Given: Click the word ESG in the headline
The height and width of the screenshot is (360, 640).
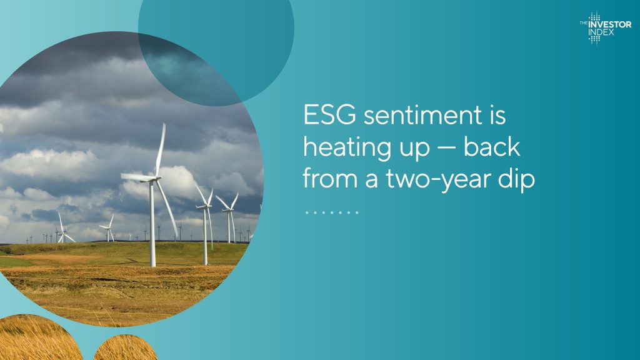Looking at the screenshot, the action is coord(329,115).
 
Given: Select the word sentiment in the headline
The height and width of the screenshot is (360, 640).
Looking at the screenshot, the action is coord(423,115).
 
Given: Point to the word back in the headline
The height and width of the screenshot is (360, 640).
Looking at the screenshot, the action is coord(492,147).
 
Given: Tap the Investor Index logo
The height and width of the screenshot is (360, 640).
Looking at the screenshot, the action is coord(605,27).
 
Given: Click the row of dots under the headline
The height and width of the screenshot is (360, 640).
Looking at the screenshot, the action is coord(332,212).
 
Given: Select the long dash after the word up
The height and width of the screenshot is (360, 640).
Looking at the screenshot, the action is coord(446,148).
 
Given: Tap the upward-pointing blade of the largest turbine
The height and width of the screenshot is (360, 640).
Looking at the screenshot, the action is coord(161,149).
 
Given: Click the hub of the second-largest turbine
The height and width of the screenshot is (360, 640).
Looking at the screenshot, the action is coord(207,206).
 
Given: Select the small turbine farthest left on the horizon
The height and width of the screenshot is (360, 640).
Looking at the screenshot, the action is coord(27,240).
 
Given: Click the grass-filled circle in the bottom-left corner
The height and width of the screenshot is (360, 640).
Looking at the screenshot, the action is coord(37,338).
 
